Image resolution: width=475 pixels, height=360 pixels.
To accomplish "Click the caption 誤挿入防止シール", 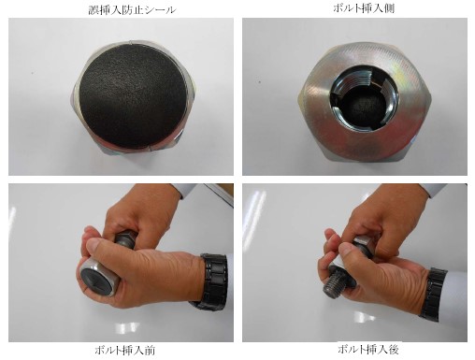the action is coord(132,9).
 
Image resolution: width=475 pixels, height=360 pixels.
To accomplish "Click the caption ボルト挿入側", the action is coord(364,8).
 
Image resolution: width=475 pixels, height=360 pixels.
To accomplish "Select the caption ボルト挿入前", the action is coord(124,351).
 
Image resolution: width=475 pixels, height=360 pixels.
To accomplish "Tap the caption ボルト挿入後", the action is coord(368,349).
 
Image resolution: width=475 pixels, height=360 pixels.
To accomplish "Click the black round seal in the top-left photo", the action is coord(133,95).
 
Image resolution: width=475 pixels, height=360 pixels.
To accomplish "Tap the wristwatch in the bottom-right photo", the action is coord(433,295).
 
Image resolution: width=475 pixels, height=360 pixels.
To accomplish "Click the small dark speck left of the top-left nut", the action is coord(32,74).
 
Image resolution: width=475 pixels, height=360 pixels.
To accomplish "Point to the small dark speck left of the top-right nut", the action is coord(260,82).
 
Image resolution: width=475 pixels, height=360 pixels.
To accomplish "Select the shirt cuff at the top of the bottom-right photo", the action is coord(432,190).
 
